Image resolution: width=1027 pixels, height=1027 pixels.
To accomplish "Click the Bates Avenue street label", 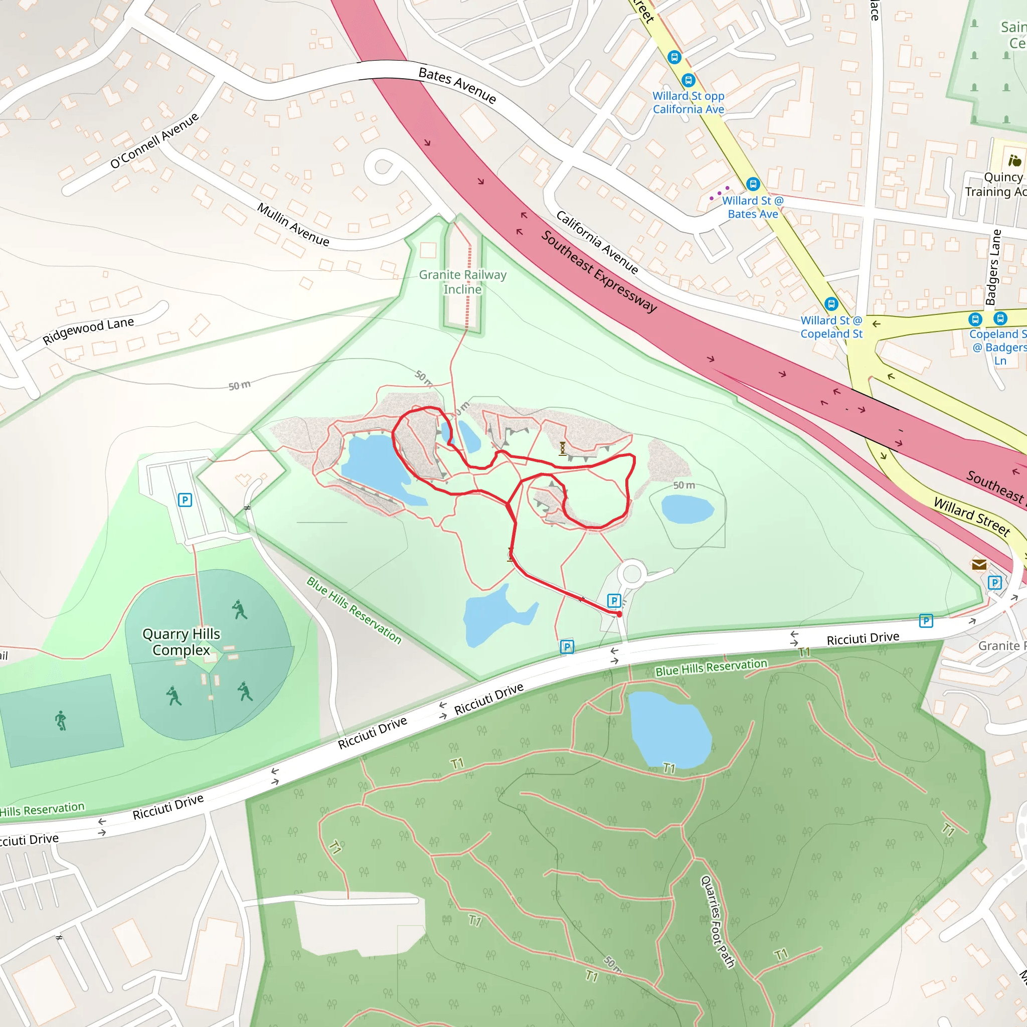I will point(457,85).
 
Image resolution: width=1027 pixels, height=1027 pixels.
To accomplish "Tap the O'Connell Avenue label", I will point(154,140).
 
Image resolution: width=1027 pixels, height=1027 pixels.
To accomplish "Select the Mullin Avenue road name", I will point(293,224).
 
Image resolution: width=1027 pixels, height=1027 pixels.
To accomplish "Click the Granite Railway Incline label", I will point(462,282).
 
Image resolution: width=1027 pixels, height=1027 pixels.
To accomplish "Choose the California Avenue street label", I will point(597,242).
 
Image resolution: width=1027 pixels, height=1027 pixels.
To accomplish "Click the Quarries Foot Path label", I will point(717,922).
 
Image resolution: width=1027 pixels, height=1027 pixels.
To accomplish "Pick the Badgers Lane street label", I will point(993,267).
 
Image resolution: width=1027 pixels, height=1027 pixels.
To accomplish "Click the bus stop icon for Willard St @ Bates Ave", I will point(753,184).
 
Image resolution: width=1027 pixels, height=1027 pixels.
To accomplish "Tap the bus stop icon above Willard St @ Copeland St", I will point(831,304).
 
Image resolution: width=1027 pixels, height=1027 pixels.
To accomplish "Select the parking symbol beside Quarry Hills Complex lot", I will point(185,499).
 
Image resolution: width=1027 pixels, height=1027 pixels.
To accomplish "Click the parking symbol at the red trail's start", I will point(614,601).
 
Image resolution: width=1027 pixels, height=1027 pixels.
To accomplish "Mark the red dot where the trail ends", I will point(619,614).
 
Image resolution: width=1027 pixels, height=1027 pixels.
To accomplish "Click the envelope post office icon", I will point(979,565).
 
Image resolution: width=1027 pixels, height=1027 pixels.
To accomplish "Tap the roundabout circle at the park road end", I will point(632,574).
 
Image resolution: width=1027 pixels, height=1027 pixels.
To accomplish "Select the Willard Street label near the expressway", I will point(972,516).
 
